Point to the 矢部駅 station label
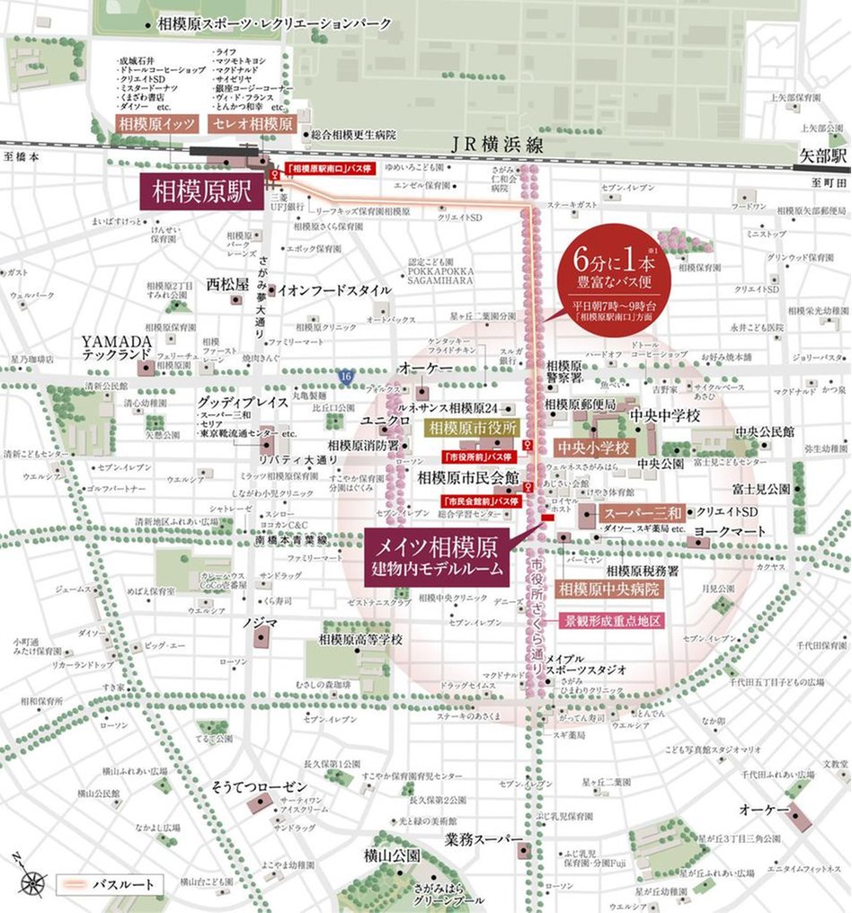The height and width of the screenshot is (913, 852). (823, 155)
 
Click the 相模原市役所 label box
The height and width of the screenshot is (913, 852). (473, 428)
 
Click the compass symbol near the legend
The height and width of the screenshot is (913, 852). (32, 881)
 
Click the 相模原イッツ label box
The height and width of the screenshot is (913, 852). (155, 123)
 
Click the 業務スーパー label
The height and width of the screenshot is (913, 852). (483, 838)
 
